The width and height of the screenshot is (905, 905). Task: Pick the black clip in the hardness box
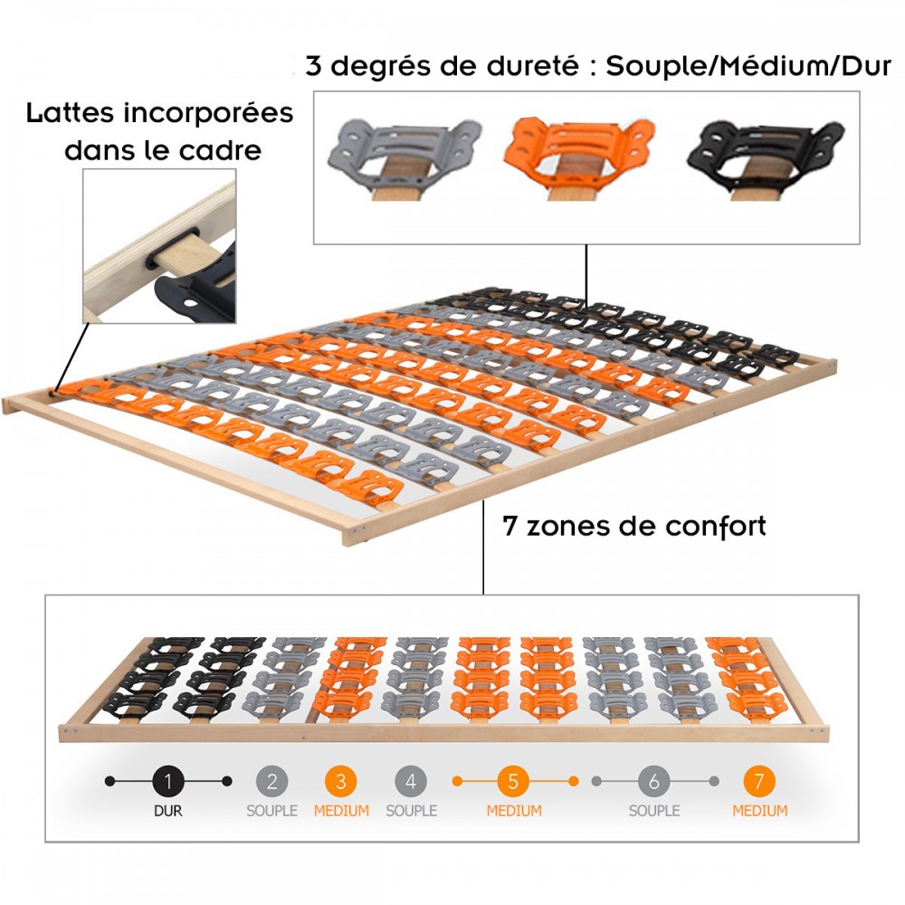(765, 154)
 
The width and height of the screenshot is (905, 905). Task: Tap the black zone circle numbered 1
(168, 782)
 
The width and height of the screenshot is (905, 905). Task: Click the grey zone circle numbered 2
(271, 782)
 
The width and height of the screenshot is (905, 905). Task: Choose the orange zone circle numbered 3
(341, 782)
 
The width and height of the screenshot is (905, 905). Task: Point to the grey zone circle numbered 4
(411, 782)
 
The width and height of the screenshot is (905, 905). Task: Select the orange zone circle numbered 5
(514, 782)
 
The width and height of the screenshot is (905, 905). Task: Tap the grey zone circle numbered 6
(654, 782)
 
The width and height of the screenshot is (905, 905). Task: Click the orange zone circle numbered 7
(759, 782)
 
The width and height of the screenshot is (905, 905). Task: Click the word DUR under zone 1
(168, 811)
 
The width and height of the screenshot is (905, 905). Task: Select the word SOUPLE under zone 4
(412, 811)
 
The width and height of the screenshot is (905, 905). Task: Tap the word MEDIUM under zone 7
(760, 811)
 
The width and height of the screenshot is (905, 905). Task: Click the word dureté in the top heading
(533, 66)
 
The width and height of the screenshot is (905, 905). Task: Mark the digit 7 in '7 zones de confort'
(509, 527)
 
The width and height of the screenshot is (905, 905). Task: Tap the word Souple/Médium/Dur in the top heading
(748, 66)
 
